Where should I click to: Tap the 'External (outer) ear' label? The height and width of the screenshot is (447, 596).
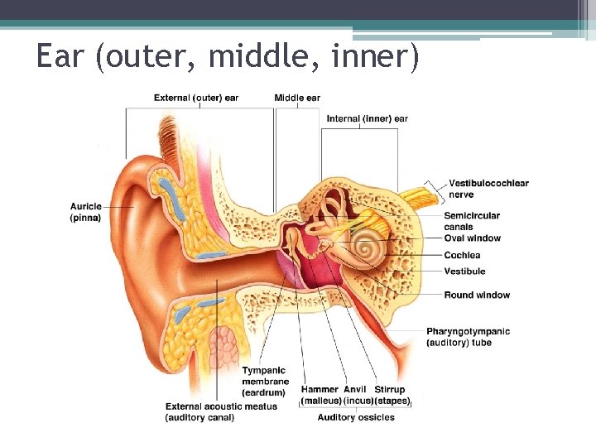[x=196, y=98]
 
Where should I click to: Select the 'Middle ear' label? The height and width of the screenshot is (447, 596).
[x=297, y=98]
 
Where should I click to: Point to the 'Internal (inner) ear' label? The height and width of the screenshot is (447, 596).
[x=367, y=119]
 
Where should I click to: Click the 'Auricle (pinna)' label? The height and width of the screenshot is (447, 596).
[x=86, y=212]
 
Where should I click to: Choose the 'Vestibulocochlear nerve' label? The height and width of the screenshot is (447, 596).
[x=488, y=189]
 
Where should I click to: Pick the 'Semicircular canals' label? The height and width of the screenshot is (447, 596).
[x=472, y=221]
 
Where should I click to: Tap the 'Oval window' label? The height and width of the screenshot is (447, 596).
[x=472, y=238]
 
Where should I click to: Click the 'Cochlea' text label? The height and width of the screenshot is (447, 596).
[x=462, y=255]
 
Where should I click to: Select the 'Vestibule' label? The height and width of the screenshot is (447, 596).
[x=464, y=272]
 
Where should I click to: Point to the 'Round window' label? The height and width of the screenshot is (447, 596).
[x=477, y=295]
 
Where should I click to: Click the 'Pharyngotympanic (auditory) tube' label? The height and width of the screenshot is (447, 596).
[x=468, y=336]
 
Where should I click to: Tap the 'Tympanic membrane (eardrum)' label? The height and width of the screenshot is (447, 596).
[x=264, y=382]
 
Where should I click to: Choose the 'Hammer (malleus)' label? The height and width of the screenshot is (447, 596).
[x=320, y=395]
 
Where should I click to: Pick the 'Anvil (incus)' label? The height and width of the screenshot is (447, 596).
[x=355, y=395]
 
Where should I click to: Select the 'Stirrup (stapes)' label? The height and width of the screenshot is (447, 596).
[x=391, y=395]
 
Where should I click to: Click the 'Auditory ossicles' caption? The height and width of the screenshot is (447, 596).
[x=356, y=417]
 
